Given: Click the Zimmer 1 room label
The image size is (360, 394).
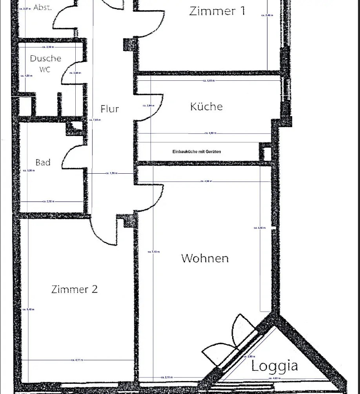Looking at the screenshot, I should tap(217, 11).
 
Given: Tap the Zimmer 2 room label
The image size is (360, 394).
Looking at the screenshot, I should tap(75, 289).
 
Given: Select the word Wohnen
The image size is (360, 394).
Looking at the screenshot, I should tap(205, 258).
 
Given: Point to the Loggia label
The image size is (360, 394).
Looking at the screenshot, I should tap(275, 366).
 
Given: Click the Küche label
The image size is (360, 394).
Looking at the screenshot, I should tap(206, 106).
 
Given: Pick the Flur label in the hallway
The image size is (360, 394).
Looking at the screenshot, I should tap(109, 109).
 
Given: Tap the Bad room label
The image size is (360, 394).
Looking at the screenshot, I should tap(43, 162).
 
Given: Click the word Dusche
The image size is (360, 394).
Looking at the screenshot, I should tap(45, 58).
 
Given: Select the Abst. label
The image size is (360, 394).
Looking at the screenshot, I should tap(42, 7).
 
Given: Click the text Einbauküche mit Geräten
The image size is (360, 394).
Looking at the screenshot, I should tap(196, 151).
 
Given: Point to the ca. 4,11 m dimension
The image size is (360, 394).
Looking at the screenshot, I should tap(76, 360).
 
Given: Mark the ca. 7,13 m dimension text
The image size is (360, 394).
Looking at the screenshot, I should tap(153, 252).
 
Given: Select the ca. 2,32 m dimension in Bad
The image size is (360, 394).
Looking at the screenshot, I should tap(48, 202).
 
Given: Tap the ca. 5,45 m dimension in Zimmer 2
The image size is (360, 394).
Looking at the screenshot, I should tap(28, 309).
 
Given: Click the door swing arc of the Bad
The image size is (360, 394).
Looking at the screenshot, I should tap(71, 157).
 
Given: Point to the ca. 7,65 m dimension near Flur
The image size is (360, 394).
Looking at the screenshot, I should tap(95, 120).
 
